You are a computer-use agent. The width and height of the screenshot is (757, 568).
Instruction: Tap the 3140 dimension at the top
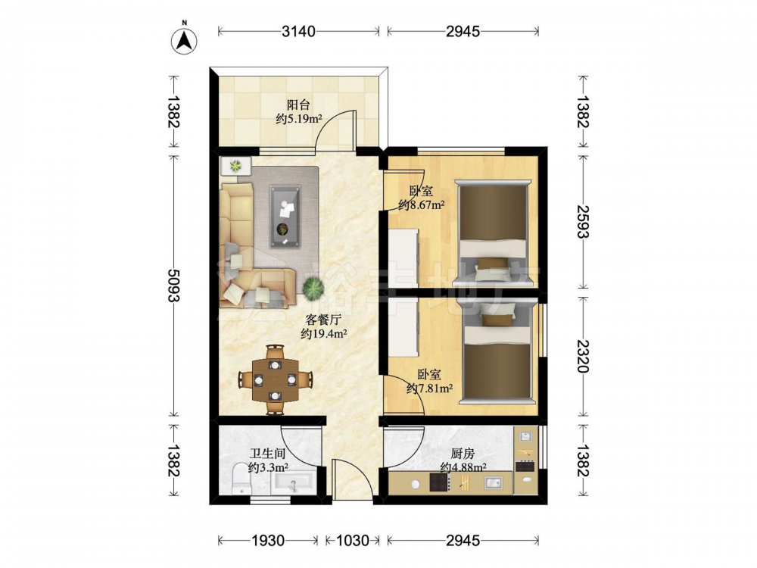coord(298,31)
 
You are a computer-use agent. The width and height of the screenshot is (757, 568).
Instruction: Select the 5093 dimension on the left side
coord(174,285)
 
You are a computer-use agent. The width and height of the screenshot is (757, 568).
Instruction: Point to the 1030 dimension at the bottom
coord(353,540)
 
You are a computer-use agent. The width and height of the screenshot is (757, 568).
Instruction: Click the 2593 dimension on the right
coord(583,222)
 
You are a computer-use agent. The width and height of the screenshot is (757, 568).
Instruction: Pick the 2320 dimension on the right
coord(583,356)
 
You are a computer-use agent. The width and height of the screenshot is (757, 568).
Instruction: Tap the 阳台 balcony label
coord(298,105)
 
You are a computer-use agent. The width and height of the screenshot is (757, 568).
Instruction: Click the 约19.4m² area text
coord(324,332)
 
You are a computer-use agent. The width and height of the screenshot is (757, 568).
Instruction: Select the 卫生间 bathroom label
coord(267,454)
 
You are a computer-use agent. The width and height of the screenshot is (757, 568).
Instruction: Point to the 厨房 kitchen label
coord(463,454)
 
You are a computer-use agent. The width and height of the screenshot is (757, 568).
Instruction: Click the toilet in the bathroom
coord(241,479)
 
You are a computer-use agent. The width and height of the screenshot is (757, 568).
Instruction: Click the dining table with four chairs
coord(276,379)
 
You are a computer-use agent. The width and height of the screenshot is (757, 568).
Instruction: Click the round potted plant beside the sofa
coord(313,289)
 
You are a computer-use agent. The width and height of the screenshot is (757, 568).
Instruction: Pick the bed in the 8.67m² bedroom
coord(494,230)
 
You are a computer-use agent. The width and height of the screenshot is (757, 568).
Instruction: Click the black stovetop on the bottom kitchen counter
coord(439,482)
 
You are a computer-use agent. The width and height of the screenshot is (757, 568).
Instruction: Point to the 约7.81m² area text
coord(429,388)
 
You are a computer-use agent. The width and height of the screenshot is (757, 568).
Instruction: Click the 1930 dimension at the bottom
coord(268,540)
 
